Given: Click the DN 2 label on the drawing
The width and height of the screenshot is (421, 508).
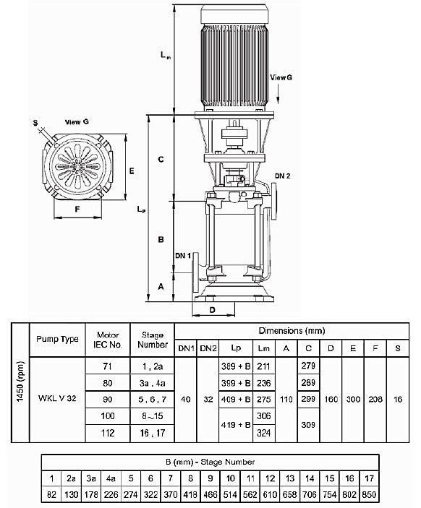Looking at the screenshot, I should coord(284,176).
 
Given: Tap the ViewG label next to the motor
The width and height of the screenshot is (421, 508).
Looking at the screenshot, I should coord(282,76).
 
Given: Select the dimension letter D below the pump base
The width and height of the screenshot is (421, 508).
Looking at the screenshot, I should coord(212,309).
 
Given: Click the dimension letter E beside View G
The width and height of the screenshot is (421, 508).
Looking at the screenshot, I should coord(131,171).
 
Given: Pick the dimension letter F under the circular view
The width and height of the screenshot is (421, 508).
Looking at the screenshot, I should coord(77,211).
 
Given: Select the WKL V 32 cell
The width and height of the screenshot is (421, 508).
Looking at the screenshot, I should coord(57,397).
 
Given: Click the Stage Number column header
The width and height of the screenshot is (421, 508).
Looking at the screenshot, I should coord(153,340).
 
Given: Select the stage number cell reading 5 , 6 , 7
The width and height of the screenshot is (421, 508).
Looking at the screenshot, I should coord(153,397).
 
